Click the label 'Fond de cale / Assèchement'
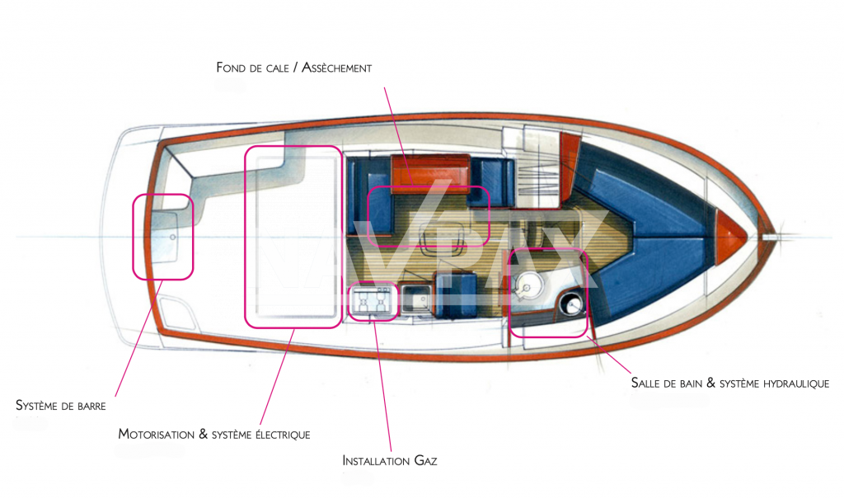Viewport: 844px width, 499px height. pos(293,68)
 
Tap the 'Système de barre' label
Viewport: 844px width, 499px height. pos(61,405)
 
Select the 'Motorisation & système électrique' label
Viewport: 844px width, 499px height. pos(213,434)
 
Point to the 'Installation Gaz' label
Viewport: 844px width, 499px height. pos(389,460)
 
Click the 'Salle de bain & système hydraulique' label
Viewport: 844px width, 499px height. pos(729,383)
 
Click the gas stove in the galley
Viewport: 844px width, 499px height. pos(373,301)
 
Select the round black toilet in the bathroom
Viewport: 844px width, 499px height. pos(570,306)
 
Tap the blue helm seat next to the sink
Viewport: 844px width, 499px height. pos(454,294)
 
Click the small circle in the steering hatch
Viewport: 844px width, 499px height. pos(172,236)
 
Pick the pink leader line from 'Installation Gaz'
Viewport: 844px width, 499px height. pos(382,388)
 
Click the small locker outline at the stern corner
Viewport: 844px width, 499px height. pos(176,313)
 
